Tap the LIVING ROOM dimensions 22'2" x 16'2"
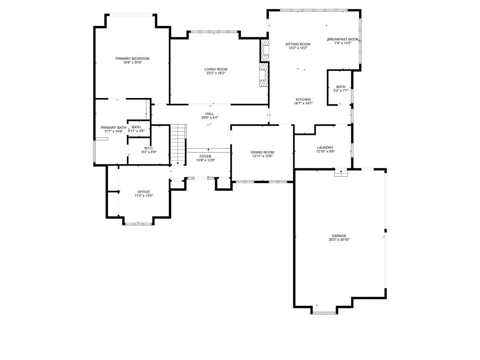pos(216,73)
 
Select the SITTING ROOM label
pos(298,44)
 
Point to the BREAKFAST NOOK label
pos(343,39)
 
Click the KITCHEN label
pos(303,100)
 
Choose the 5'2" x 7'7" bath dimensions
pos(341,91)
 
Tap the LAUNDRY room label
pos(325,148)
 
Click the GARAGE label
pos(339,236)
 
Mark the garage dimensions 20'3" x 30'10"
pos(339,240)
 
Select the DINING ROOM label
pos(262,152)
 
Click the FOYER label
pos(206,156)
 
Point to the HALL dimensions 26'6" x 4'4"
pos(210,118)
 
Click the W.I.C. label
pos(149,148)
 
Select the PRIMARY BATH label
pos(111,127)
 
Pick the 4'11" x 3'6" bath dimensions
pos(136,131)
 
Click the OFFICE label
pos(144,192)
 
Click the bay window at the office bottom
pos(138,224)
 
